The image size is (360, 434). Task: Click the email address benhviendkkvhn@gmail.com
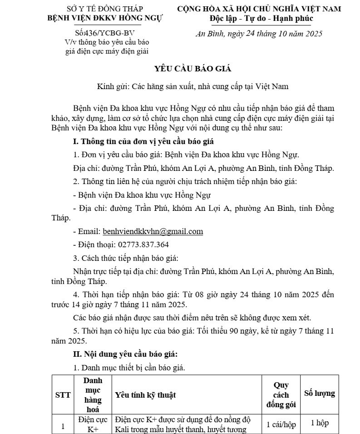(x=153, y=231)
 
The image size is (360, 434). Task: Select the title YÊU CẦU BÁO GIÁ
(x=193, y=69)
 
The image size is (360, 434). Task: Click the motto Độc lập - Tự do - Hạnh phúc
(x=261, y=19)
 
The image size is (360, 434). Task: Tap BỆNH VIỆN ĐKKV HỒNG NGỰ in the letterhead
(x=105, y=19)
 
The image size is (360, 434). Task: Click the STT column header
(x=63, y=395)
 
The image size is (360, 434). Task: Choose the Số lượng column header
(x=320, y=394)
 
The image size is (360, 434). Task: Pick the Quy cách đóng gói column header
(x=281, y=395)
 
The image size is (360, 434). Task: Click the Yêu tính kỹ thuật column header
(x=146, y=395)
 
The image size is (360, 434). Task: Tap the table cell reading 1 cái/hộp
(x=281, y=424)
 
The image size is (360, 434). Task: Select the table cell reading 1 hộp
(x=320, y=423)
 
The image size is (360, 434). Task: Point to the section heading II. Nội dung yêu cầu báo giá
(x=126, y=354)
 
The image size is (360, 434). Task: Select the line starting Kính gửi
(x=193, y=85)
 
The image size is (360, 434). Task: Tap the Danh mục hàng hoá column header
(x=93, y=394)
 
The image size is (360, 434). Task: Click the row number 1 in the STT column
(x=63, y=426)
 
